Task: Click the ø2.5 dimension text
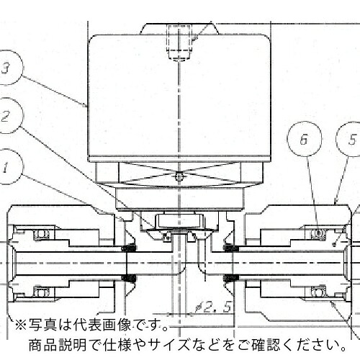pos(213,307)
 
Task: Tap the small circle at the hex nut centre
pos(179,177)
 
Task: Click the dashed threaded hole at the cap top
pos(179,42)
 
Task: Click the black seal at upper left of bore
pos(129,248)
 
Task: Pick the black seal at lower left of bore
pos(129,278)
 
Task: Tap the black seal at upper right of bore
pos(231,248)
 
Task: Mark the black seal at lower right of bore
pos(231,278)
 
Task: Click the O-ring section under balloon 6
pos(318,233)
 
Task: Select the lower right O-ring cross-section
pos(318,292)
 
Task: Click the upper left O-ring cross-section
pos(42,234)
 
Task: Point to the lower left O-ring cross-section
pos(42,292)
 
